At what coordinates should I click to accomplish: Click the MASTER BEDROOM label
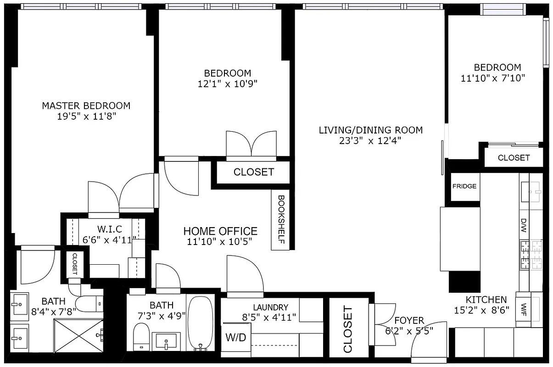[86, 106]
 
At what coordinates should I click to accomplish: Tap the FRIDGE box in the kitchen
[464, 186]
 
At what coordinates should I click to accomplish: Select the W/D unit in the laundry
[235, 338]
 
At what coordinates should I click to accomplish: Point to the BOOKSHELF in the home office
[281, 220]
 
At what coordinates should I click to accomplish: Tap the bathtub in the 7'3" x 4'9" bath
[201, 323]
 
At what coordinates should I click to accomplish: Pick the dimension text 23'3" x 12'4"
[370, 141]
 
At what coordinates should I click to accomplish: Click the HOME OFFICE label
[220, 231]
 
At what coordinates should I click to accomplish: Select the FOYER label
[409, 320]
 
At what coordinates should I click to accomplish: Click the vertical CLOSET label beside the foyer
[348, 329]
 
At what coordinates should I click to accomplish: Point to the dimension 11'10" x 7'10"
[492, 78]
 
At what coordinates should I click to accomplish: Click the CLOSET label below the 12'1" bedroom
[253, 172]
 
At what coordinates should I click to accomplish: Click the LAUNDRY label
[270, 307]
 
